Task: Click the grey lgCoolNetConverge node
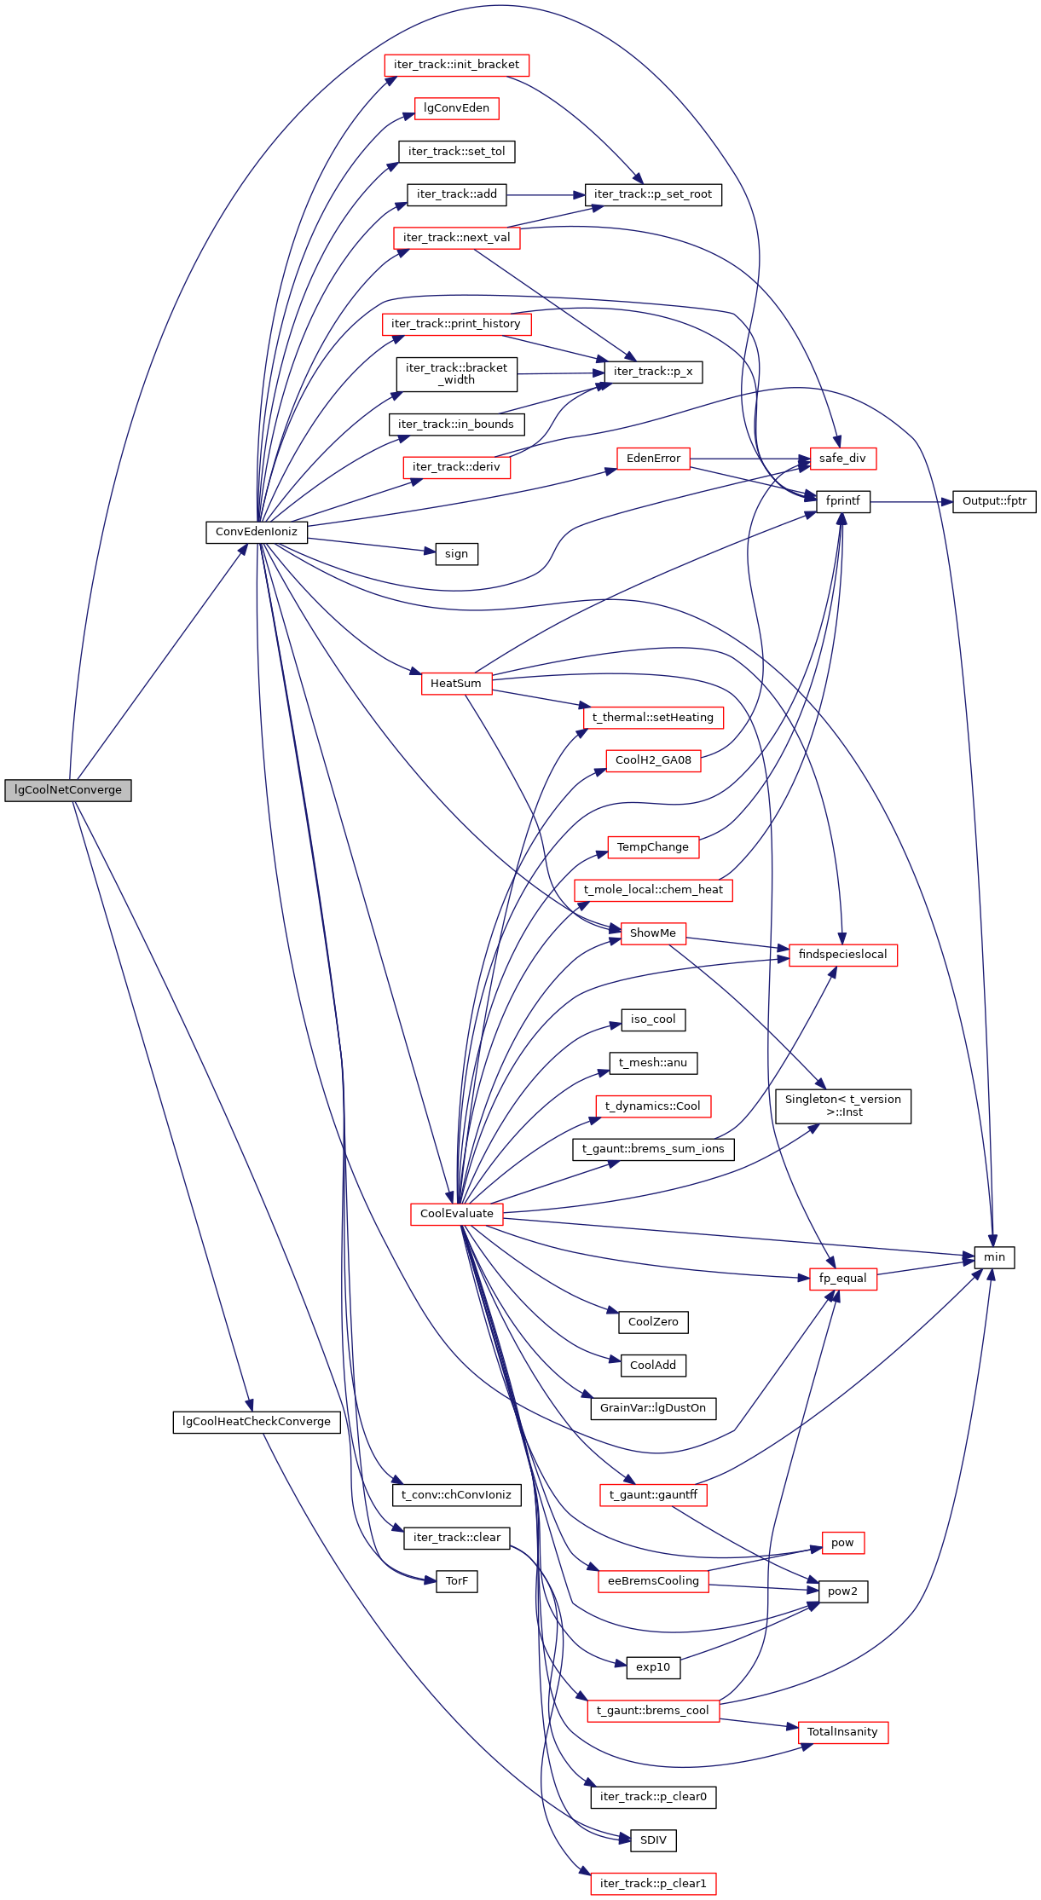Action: [68, 790]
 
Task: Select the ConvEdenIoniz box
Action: [257, 532]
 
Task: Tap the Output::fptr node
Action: [994, 501]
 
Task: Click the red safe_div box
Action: [842, 459]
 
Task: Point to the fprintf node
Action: [843, 501]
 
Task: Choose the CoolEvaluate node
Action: [457, 1214]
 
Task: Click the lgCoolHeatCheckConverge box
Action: [257, 1422]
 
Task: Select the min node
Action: [994, 1257]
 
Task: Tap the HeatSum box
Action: [456, 684]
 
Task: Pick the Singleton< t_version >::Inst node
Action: [843, 1106]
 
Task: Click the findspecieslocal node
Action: [843, 955]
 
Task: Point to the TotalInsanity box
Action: [842, 1732]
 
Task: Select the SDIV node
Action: [653, 1840]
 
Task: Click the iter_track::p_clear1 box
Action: [653, 1884]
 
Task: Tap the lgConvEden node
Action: [457, 108]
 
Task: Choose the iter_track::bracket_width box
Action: [457, 374]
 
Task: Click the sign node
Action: [457, 554]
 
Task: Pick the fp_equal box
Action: [842, 1279]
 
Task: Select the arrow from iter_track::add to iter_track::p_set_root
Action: [546, 195]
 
